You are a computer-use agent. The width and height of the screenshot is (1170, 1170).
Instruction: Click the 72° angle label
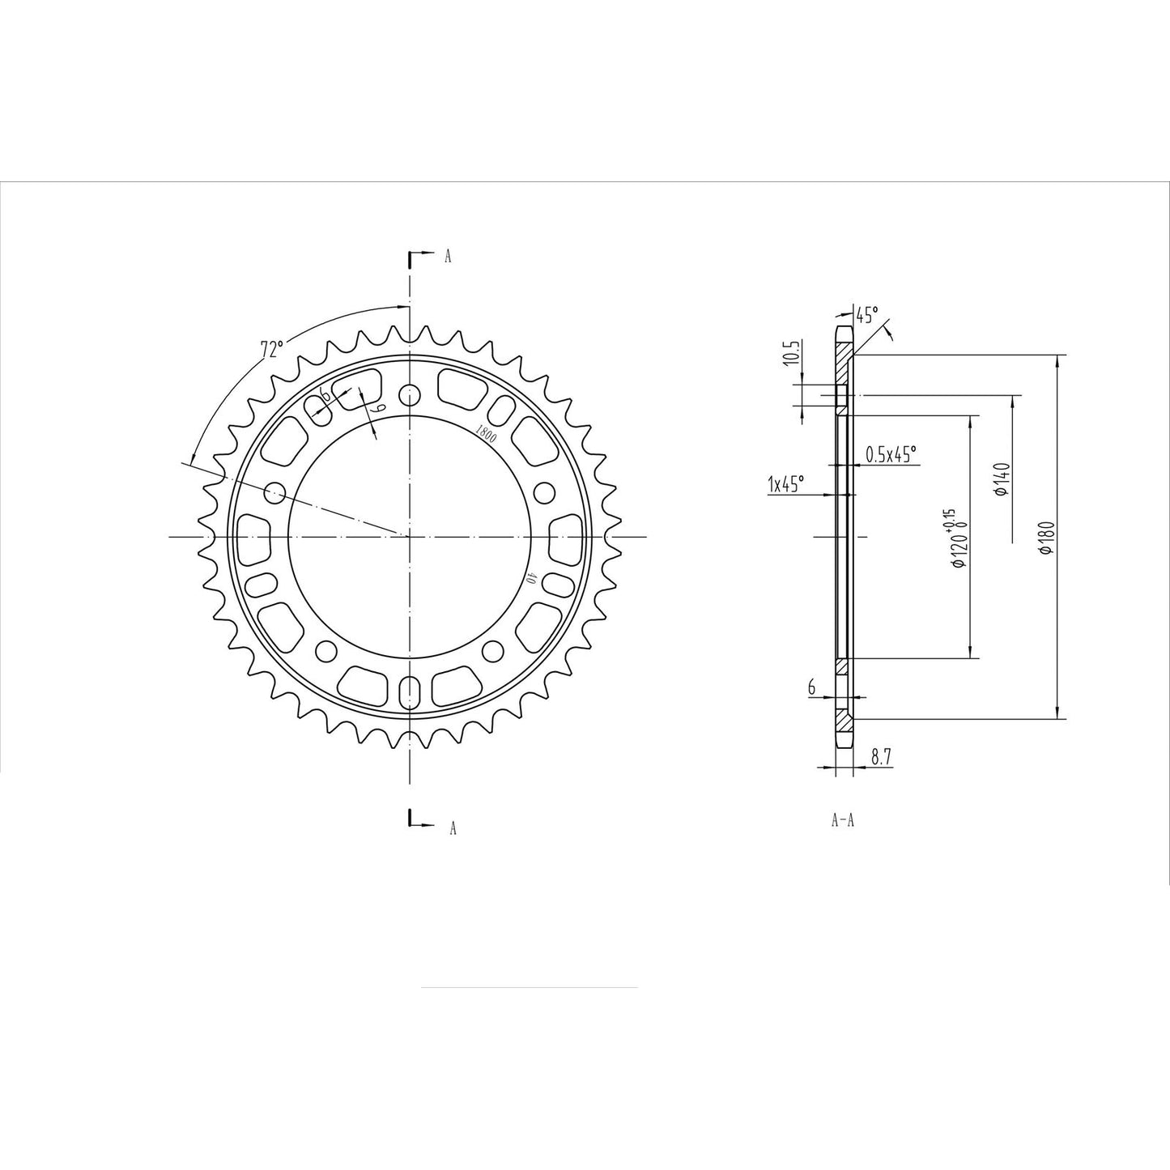click(x=271, y=349)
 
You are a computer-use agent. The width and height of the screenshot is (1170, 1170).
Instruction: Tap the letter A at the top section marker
click(x=448, y=257)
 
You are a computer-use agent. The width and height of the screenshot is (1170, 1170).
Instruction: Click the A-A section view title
click(x=843, y=820)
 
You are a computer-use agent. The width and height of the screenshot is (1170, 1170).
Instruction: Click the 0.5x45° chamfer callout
click(x=891, y=454)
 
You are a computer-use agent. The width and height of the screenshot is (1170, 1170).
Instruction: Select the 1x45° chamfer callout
click(x=785, y=484)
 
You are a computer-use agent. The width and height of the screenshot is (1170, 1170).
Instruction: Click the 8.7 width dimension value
click(x=881, y=757)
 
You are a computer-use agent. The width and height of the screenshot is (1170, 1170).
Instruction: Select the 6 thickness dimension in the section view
click(x=810, y=687)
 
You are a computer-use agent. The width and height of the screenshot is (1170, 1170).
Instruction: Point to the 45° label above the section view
click(x=866, y=315)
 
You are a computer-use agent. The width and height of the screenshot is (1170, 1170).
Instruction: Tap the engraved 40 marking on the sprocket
click(x=532, y=578)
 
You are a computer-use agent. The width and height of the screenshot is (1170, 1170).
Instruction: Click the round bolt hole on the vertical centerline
click(x=411, y=395)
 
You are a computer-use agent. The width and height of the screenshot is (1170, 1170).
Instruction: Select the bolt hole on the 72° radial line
click(x=275, y=491)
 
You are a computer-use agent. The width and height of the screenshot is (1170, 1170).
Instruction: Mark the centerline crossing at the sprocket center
click(x=411, y=536)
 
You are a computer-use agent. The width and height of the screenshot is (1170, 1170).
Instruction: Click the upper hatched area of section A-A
click(x=843, y=352)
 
